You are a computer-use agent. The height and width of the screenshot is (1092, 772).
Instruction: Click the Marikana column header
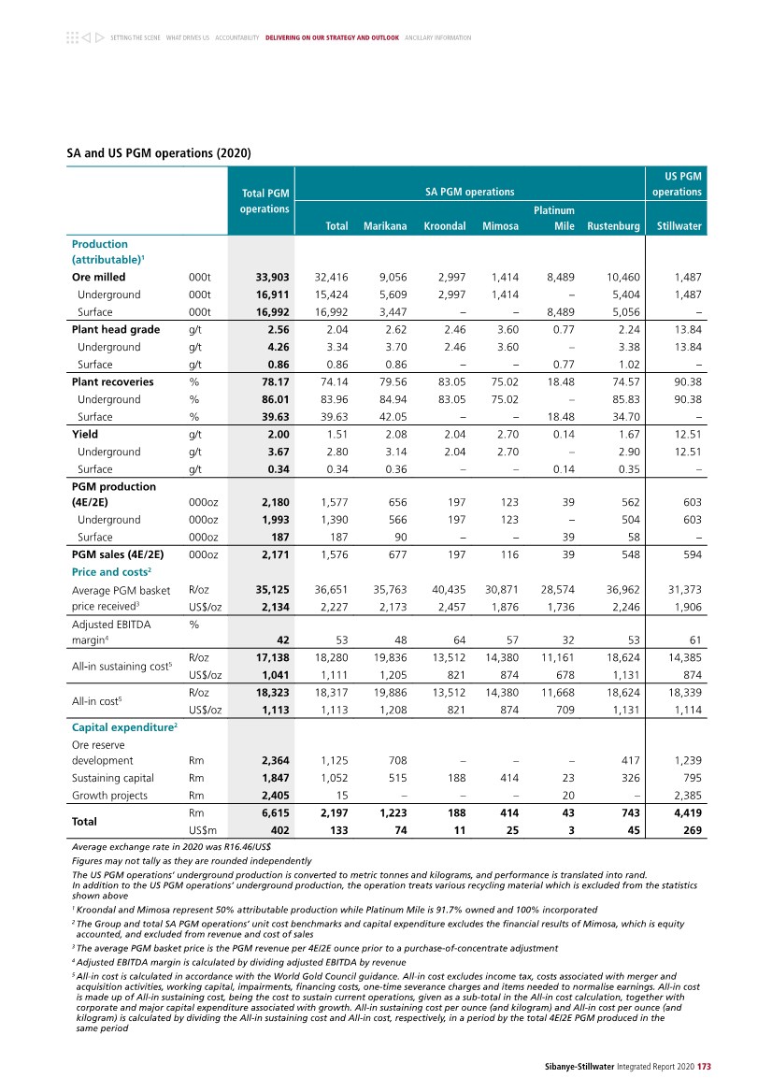tap(384, 226)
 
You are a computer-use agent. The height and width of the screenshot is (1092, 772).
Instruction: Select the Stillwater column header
tap(679, 226)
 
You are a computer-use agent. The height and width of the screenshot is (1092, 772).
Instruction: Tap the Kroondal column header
tap(444, 226)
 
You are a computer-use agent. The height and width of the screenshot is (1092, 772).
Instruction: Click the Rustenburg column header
tap(613, 226)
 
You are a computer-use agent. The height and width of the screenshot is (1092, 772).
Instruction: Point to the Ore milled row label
tap(98, 278)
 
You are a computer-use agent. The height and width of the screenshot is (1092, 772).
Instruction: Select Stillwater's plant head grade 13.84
tap(686, 329)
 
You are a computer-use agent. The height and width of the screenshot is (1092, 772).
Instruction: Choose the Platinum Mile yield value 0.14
tap(563, 434)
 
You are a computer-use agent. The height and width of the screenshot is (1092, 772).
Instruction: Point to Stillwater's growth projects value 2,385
tap(686, 797)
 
